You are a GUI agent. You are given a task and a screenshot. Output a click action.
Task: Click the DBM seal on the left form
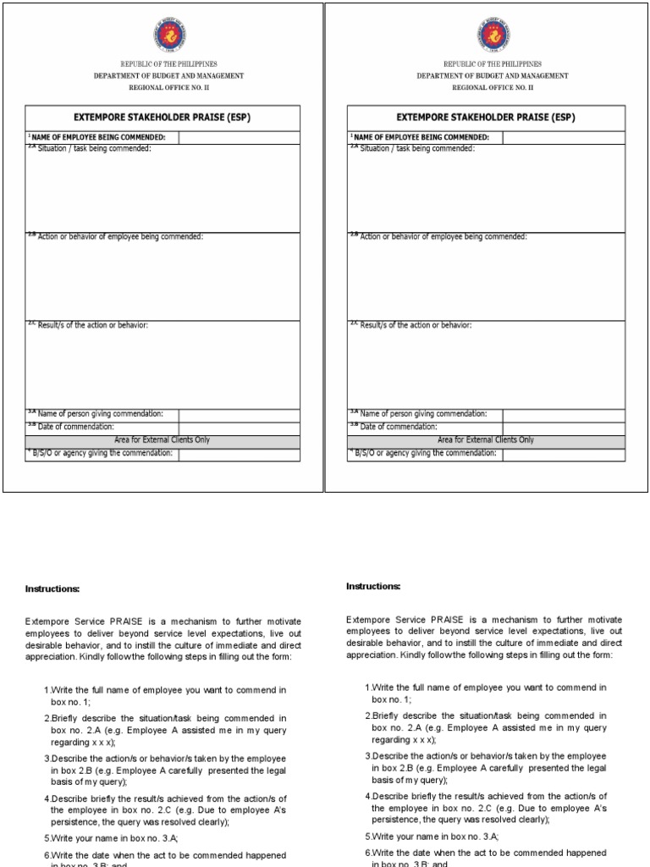168,35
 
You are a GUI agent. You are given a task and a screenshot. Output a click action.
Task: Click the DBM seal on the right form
492,35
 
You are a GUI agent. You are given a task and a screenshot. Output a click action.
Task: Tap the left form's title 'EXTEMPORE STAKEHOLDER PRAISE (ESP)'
162,118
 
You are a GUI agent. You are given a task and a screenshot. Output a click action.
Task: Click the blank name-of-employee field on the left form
239,138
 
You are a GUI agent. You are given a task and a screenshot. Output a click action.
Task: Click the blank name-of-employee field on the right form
564,138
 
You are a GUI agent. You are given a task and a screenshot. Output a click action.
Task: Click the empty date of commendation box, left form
239,428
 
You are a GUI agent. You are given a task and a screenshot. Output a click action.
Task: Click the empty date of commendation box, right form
564,428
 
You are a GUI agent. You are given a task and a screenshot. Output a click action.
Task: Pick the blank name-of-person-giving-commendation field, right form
564,415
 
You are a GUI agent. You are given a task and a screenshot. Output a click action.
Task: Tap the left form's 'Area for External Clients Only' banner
162,440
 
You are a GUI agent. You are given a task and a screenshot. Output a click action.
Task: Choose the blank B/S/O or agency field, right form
564,454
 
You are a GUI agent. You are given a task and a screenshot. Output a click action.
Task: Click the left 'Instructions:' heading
52,588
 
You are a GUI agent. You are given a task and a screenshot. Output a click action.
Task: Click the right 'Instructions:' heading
373,586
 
